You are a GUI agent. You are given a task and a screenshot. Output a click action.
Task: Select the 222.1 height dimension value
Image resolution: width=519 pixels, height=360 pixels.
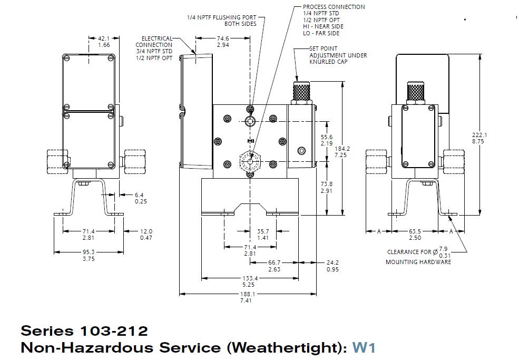click(479, 135)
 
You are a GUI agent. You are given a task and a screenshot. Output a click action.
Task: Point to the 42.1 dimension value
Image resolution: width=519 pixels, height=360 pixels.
click(104, 38)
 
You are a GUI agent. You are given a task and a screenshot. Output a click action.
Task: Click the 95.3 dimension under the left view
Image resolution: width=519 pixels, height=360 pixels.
click(89, 252)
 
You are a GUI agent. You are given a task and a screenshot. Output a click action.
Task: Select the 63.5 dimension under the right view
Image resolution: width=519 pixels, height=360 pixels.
click(415, 231)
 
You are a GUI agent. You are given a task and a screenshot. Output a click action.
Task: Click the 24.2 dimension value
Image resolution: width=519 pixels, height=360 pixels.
click(332, 262)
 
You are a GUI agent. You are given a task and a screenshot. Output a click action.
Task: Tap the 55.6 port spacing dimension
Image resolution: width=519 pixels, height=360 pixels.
click(327, 137)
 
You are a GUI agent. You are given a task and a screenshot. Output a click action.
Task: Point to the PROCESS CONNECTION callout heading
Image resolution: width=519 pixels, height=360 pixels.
click(334, 7)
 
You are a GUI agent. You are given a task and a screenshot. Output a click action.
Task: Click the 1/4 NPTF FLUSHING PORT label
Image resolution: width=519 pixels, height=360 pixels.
click(222, 17)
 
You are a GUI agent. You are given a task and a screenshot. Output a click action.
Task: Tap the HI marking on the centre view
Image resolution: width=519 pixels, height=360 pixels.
click(250, 141)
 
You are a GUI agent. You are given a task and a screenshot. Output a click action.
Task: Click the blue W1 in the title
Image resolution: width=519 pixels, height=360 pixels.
click(364, 347)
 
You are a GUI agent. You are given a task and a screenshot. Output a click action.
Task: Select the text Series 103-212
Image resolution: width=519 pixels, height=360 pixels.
click(84, 331)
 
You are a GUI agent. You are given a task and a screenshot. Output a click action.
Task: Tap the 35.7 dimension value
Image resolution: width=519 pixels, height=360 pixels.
click(262, 231)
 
